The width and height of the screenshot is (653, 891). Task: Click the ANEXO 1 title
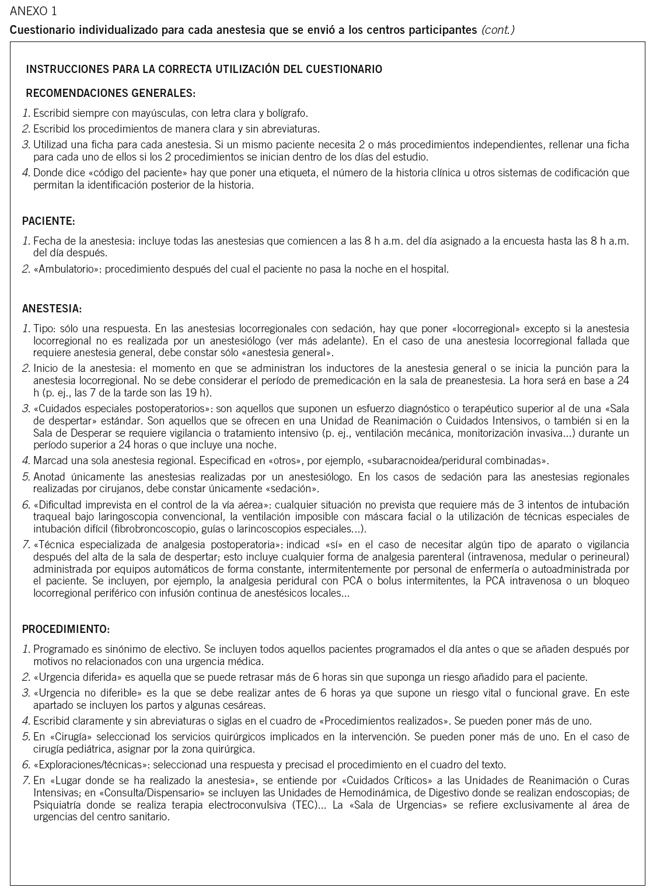tap(33, 11)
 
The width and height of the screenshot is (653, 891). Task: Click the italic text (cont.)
tap(498, 30)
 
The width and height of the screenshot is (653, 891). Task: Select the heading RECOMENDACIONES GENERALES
tap(111, 93)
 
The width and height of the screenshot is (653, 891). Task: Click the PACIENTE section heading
tap(48, 221)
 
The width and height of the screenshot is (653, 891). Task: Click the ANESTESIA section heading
tap(52, 308)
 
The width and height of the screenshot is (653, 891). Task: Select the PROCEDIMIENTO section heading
tap(66, 629)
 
